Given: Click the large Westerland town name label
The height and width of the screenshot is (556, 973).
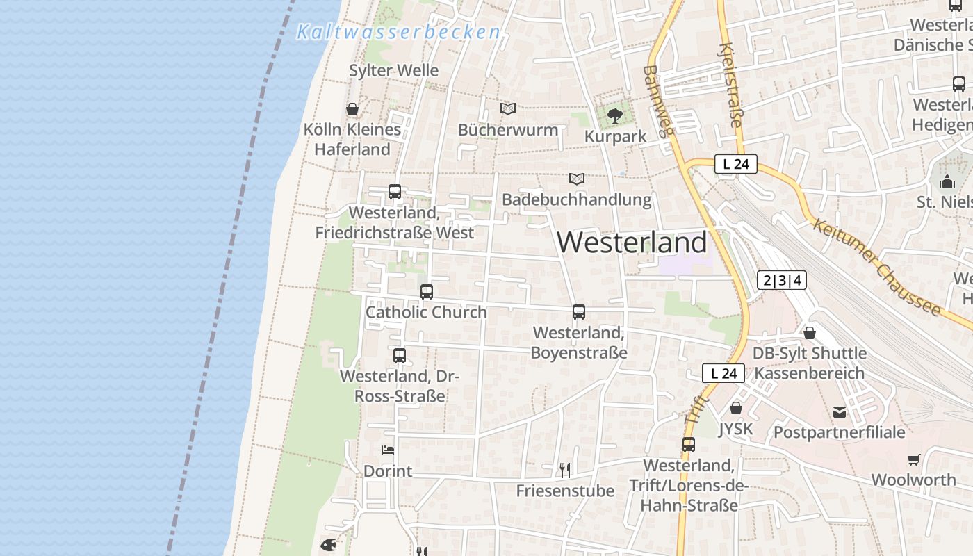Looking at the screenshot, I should pyautogui.click(x=632, y=242).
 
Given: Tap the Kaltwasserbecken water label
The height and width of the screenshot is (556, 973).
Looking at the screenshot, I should pyautogui.click(x=399, y=32).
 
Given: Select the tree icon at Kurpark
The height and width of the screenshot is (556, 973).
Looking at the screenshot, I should pyautogui.click(x=614, y=116).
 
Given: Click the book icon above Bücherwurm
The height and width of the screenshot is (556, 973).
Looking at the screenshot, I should pyautogui.click(x=508, y=109).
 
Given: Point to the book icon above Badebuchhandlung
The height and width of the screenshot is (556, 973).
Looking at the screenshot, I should pyautogui.click(x=576, y=179).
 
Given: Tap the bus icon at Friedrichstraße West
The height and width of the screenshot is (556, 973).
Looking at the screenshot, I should pyautogui.click(x=395, y=192).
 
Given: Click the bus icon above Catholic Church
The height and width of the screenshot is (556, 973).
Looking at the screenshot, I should pyautogui.click(x=427, y=292).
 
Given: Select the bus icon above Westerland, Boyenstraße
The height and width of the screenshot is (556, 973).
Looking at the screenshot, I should pyautogui.click(x=579, y=312).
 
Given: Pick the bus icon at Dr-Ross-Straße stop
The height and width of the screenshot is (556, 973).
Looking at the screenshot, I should pyautogui.click(x=400, y=356).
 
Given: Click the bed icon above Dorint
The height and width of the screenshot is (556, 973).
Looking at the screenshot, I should pyautogui.click(x=388, y=450).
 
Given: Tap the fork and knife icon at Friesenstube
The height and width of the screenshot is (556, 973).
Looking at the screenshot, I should pyautogui.click(x=565, y=471).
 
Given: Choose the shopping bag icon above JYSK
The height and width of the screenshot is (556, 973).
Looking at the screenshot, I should pyautogui.click(x=736, y=408).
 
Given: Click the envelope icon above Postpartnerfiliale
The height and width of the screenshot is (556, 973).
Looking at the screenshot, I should pyautogui.click(x=840, y=412).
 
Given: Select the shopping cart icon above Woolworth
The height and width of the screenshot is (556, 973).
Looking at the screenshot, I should pyautogui.click(x=913, y=459).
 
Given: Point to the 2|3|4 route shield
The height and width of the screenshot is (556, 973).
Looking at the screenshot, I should pyautogui.click(x=783, y=281).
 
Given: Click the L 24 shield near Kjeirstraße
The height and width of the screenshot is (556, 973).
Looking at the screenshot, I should pyautogui.click(x=736, y=165).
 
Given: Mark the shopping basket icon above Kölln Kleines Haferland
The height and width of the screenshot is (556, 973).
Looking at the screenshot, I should pyautogui.click(x=352, y=109).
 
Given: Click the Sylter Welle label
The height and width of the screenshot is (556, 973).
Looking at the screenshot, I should pyautogui.click(x=394, y=70).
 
